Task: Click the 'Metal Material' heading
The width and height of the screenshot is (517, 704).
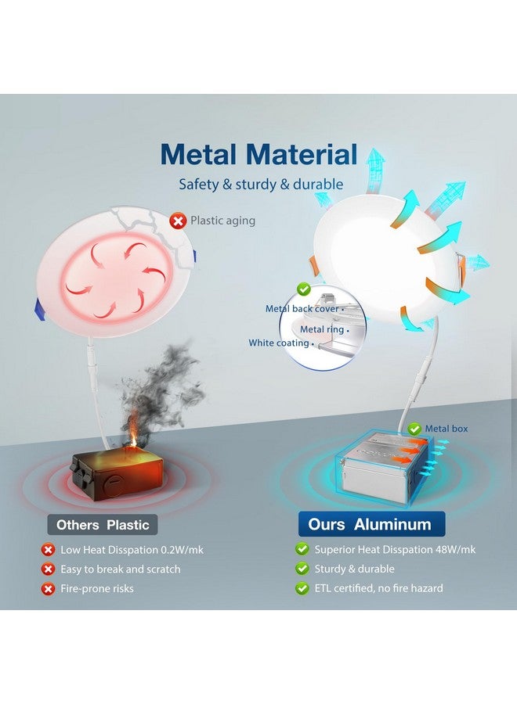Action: pos(259,154)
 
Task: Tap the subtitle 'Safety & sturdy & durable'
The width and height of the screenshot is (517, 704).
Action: pos(261,184)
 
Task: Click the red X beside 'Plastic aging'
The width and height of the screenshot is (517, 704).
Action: pos(178,221)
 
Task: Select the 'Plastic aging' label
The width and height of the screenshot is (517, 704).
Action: pos(222,221)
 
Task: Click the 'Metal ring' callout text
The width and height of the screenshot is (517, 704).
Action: pos(321,329)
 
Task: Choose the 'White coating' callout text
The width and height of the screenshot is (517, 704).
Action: pos(279,343)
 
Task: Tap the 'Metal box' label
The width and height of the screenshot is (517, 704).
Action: pos(446,429)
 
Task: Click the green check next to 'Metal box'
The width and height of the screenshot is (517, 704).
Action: pos(414,429)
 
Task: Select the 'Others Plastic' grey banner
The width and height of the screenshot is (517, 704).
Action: pos(103,525)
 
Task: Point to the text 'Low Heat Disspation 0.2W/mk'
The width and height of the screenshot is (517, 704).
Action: pos(132,550)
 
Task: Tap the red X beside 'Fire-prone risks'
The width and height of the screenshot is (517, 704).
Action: pos(48,588)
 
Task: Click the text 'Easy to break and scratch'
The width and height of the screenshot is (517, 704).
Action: pos(121,569)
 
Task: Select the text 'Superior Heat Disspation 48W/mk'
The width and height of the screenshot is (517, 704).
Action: pos(395,550)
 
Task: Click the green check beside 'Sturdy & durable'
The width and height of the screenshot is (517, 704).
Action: pos(302,569)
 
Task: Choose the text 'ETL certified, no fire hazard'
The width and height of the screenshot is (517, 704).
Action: pos(378,588)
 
